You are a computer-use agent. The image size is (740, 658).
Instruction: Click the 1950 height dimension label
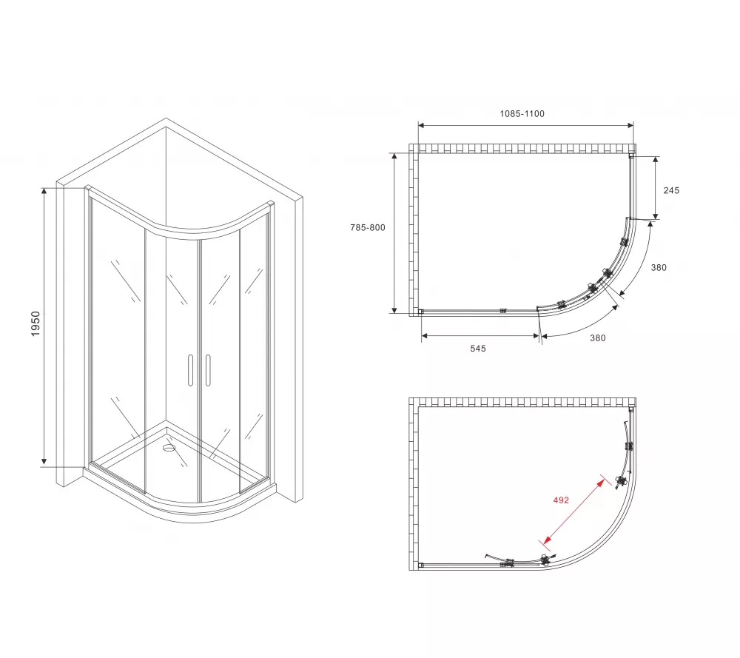pyautogui.click(x=36, y=323)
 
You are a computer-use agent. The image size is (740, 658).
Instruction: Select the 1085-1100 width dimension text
pyautogui.click(x=522, y=114)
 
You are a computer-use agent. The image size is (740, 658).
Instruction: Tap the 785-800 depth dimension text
pyautogui.click(x=368, y=227)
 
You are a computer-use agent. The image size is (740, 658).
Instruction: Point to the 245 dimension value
pyautogui.click(x=671, y=190)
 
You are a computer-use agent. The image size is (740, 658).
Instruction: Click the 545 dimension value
pyautogui.click(x=477, y=349)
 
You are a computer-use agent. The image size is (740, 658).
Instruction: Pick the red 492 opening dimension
pyautogui.click(x=561, y=500)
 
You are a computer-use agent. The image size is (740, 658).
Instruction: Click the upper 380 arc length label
pyautogui.click(x=659, y=268)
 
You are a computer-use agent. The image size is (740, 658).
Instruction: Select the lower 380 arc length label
pyautogui.click(x=597, y=338)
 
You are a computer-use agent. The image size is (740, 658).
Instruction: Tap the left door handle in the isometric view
pyautogui.click(x=191, y=371)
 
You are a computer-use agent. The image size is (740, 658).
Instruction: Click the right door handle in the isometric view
pyautogui.click(x=208, y=371)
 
